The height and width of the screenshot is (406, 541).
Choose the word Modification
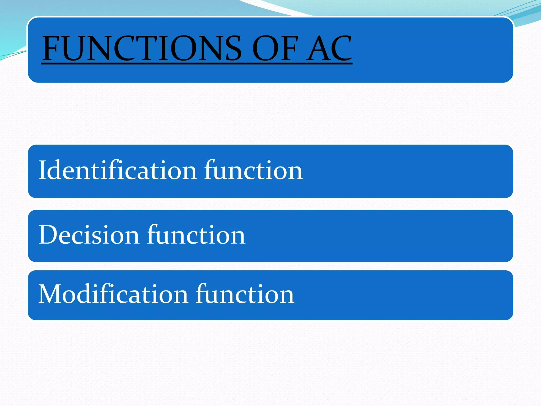pyautogui.click(x=113, y=294)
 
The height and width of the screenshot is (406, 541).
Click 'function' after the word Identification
pyautogui.click(x=253, y=170)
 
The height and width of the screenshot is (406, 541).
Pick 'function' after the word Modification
pyautogui.click(x=245, y=294)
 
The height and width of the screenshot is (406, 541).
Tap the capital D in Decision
pyautogui.click(x=49, y=235)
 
